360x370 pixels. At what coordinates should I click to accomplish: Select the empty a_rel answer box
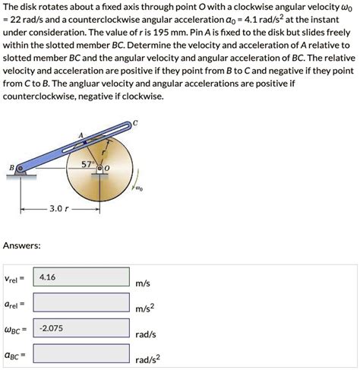pos(81,304)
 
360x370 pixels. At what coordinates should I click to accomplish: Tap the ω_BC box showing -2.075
pos(81,329)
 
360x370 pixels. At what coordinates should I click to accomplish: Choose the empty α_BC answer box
pos(81,354)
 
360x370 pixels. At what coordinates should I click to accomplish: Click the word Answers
pos(21,245)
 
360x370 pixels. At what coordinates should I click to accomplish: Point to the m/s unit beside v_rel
pos(144,284)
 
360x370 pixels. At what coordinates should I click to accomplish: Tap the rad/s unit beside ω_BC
pos(146,334)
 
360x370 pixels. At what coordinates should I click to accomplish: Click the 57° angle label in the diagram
pos(90,163)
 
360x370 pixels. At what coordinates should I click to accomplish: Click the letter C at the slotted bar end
pos(135,122)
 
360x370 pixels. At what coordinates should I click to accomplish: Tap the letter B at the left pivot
pos(11,168)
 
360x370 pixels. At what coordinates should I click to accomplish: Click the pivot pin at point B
pos(21,169)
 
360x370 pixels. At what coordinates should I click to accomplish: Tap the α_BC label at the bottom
pos(16,354)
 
